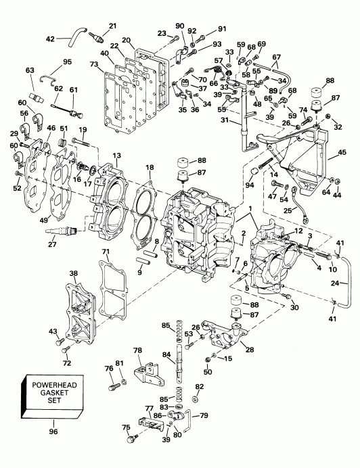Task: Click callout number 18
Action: pyautogui.click(x=150, y=167)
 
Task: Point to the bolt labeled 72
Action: pyautogui.click(x=65, y=349)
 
